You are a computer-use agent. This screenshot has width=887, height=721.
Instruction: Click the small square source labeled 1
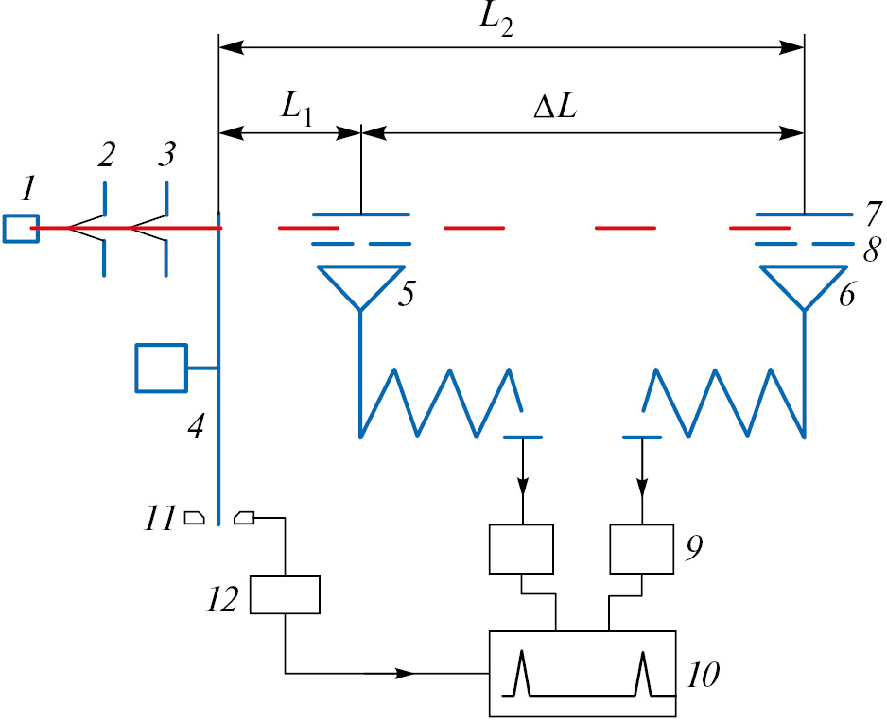tap(20, 229)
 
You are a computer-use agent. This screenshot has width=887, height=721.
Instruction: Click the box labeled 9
tap(641, 548)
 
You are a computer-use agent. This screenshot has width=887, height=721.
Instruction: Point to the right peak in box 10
tap(644, 673)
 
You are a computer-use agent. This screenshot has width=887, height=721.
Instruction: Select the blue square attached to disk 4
tap(162, 368)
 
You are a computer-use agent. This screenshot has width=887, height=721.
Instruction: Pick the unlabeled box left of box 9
tap(521, 549)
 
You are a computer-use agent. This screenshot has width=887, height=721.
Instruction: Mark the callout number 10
tap(703, 675)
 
